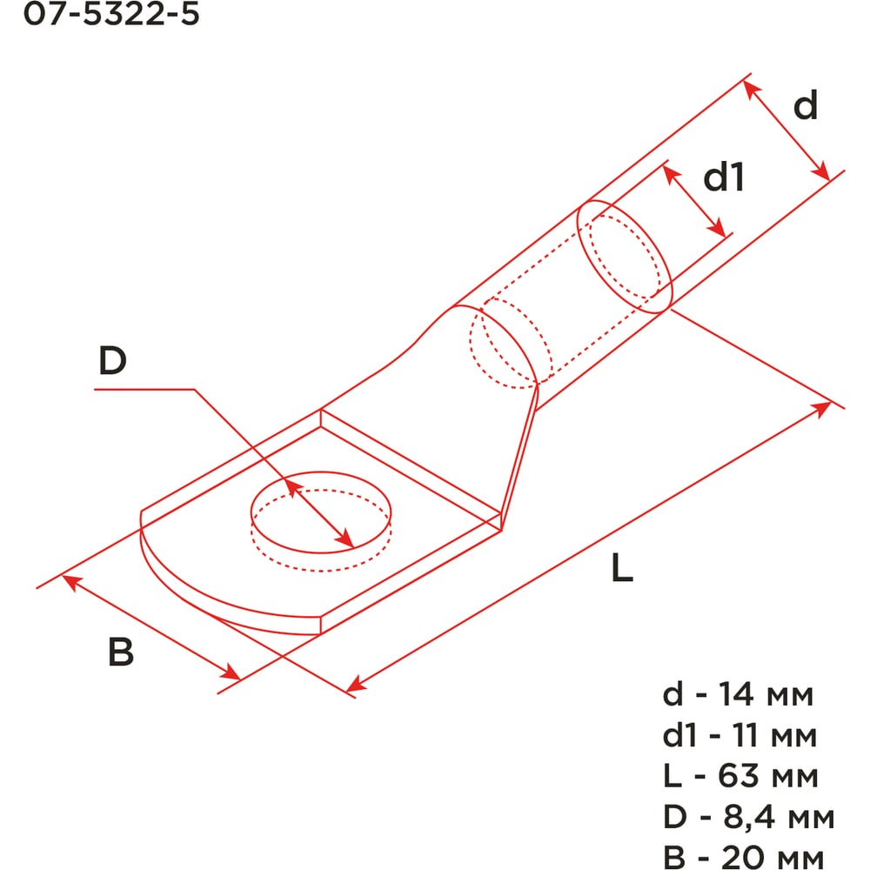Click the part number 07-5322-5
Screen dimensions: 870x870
(x=111, y=13)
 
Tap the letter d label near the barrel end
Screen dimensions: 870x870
(x=806, y=104)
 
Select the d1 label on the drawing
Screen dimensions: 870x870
(x=724, y=177)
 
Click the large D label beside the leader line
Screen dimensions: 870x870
(x=112, y=360)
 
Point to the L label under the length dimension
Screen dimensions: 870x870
(x=622, y=567)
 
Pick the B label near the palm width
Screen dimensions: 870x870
(x=121, y=651)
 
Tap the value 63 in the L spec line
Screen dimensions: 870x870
(x=738, y=775)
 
